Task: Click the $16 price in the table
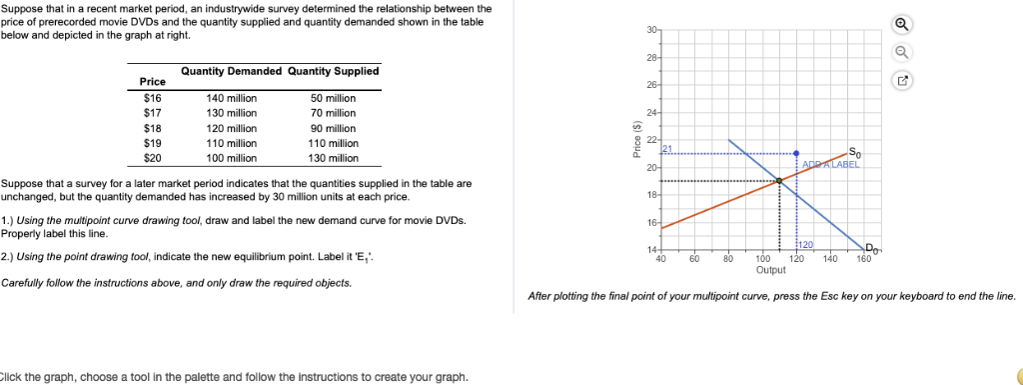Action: click(x=152, y=98)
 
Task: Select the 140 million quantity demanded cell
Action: click(x=231, y=98)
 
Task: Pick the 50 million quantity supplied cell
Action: click(x=333, y=98)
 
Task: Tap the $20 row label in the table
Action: click(x=152, y=158)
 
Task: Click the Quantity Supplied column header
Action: click(x=333, y=71)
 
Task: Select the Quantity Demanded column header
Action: click(x=231, y=71)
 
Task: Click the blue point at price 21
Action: click(x=796, y=153)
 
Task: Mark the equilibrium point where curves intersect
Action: click(x=778, y=181)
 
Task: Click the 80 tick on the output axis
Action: click(x=728, y=259)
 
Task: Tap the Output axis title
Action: click(x=770, y=270)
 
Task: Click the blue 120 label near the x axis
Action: click(x=806, y=245)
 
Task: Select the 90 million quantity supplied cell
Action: click(x=333, y=128)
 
